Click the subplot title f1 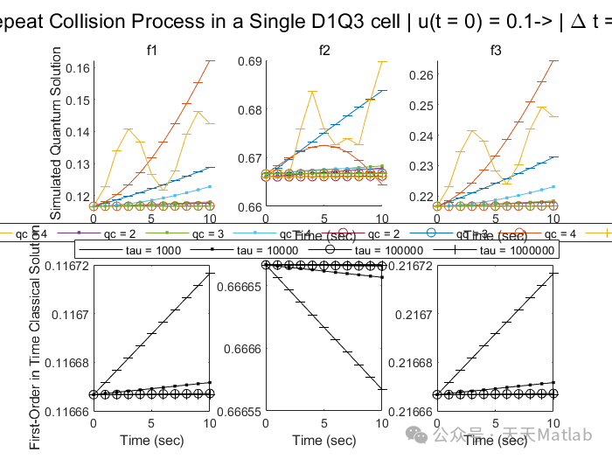point(151,51)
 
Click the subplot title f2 point(324,51)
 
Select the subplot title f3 point(496,51)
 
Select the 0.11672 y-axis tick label point(69,266)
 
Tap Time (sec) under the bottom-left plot point(150,440)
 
